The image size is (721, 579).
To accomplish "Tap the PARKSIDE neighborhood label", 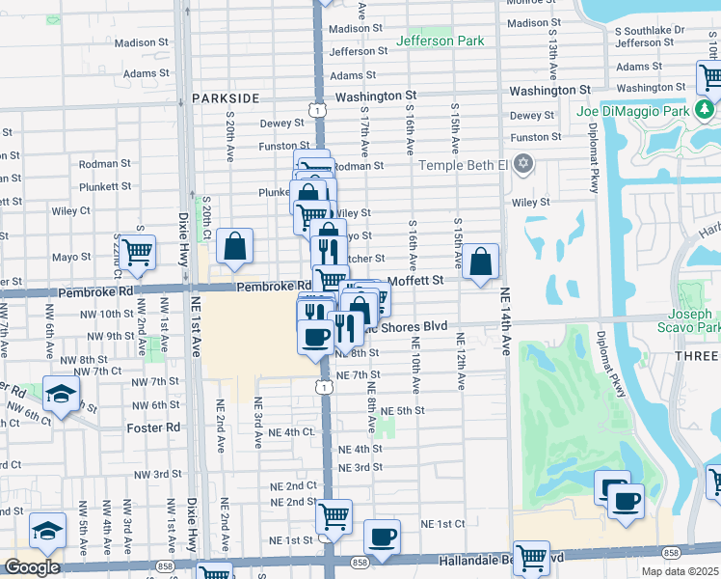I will pyautogui.click(x=226, y=98).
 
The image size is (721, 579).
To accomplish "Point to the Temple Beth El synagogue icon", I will pyautogui.click(x=523, y=163).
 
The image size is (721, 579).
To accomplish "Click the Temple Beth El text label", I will pyautogui.click(x=463, y=165).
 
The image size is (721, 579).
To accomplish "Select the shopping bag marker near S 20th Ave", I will pyautogui.click(x=234, y=247).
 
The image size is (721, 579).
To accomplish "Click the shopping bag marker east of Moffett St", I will pyautogui.click(x=480, y=262).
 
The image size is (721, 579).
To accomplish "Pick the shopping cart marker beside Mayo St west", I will pyautogui.click(x=138, y=252).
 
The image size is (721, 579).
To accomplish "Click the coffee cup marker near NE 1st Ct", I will pyautogui.click(x=382, y=536).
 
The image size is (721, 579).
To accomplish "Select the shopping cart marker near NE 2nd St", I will pyautogui.click(x=334, y=515).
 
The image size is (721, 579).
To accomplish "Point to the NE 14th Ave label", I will pyautogui.click(x=504, y=333).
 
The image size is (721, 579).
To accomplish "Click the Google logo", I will pyautogui.click(x=32, y=566).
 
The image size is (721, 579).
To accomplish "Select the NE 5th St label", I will pyautogui.click(x=403, y=411).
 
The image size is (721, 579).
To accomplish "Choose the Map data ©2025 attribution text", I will pyautogui.click(x=680, y=571).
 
